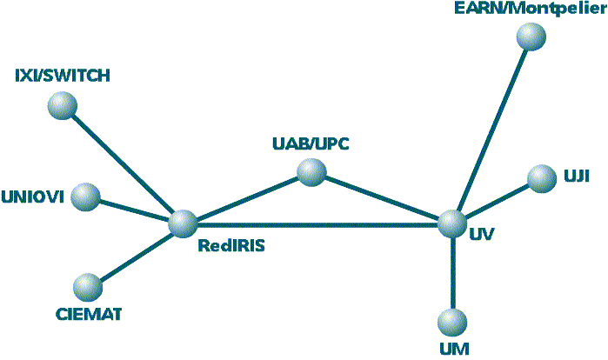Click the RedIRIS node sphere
pos(184,223)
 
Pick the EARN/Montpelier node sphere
pos(530,37)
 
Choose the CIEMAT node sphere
pos(87,285)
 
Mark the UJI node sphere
pos(541,178)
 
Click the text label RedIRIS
pos(231,246)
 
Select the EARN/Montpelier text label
pos(529,9)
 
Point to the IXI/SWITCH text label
pos(63,76)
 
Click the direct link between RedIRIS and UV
pos(331,224)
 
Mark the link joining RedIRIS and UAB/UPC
pos(248,199)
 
